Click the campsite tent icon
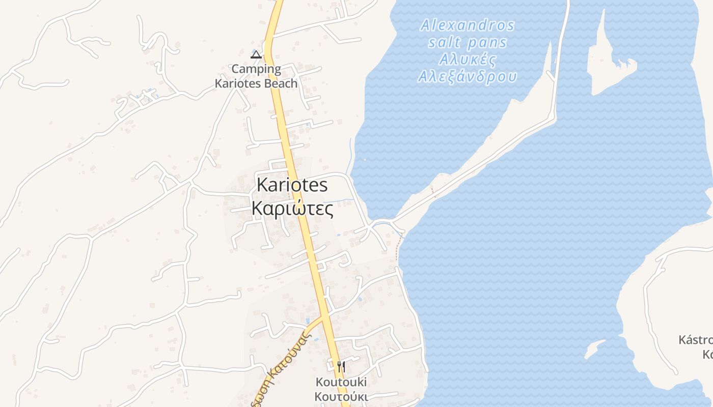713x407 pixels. tap(256, 54)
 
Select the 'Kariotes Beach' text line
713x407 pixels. tap(256, 83)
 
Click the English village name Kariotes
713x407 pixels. tap(292, 185)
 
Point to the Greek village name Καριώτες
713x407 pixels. tap(292, 208)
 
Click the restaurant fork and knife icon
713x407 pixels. tap(341, 366)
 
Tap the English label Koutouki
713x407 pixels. tap(341, 382)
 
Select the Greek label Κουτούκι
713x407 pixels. tap(341, 396)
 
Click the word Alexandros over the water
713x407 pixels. tap(468, 25)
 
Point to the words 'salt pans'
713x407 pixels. tap(468, 42)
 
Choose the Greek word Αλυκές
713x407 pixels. tap(468, 60)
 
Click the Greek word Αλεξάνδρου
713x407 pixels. tap(468, 77)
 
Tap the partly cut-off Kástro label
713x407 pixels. tap(696, 340)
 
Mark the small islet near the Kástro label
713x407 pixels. tap(593, 350)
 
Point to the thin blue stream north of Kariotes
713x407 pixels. tap(349, 155)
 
